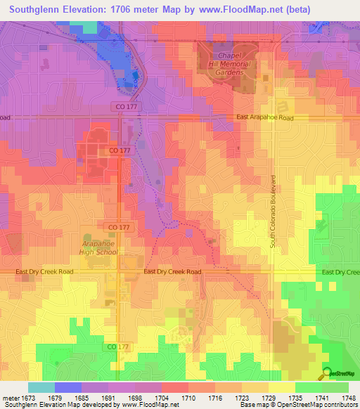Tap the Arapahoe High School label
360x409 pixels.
coord(98,246)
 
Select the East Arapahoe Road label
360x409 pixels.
coord(264,118)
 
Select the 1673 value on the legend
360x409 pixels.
coord(28,398)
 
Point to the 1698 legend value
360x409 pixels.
coord(136,398)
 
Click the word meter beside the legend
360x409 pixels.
coord(10,398)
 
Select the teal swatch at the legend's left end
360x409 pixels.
coord(41,387)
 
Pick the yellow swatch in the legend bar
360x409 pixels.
coord(281,387)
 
